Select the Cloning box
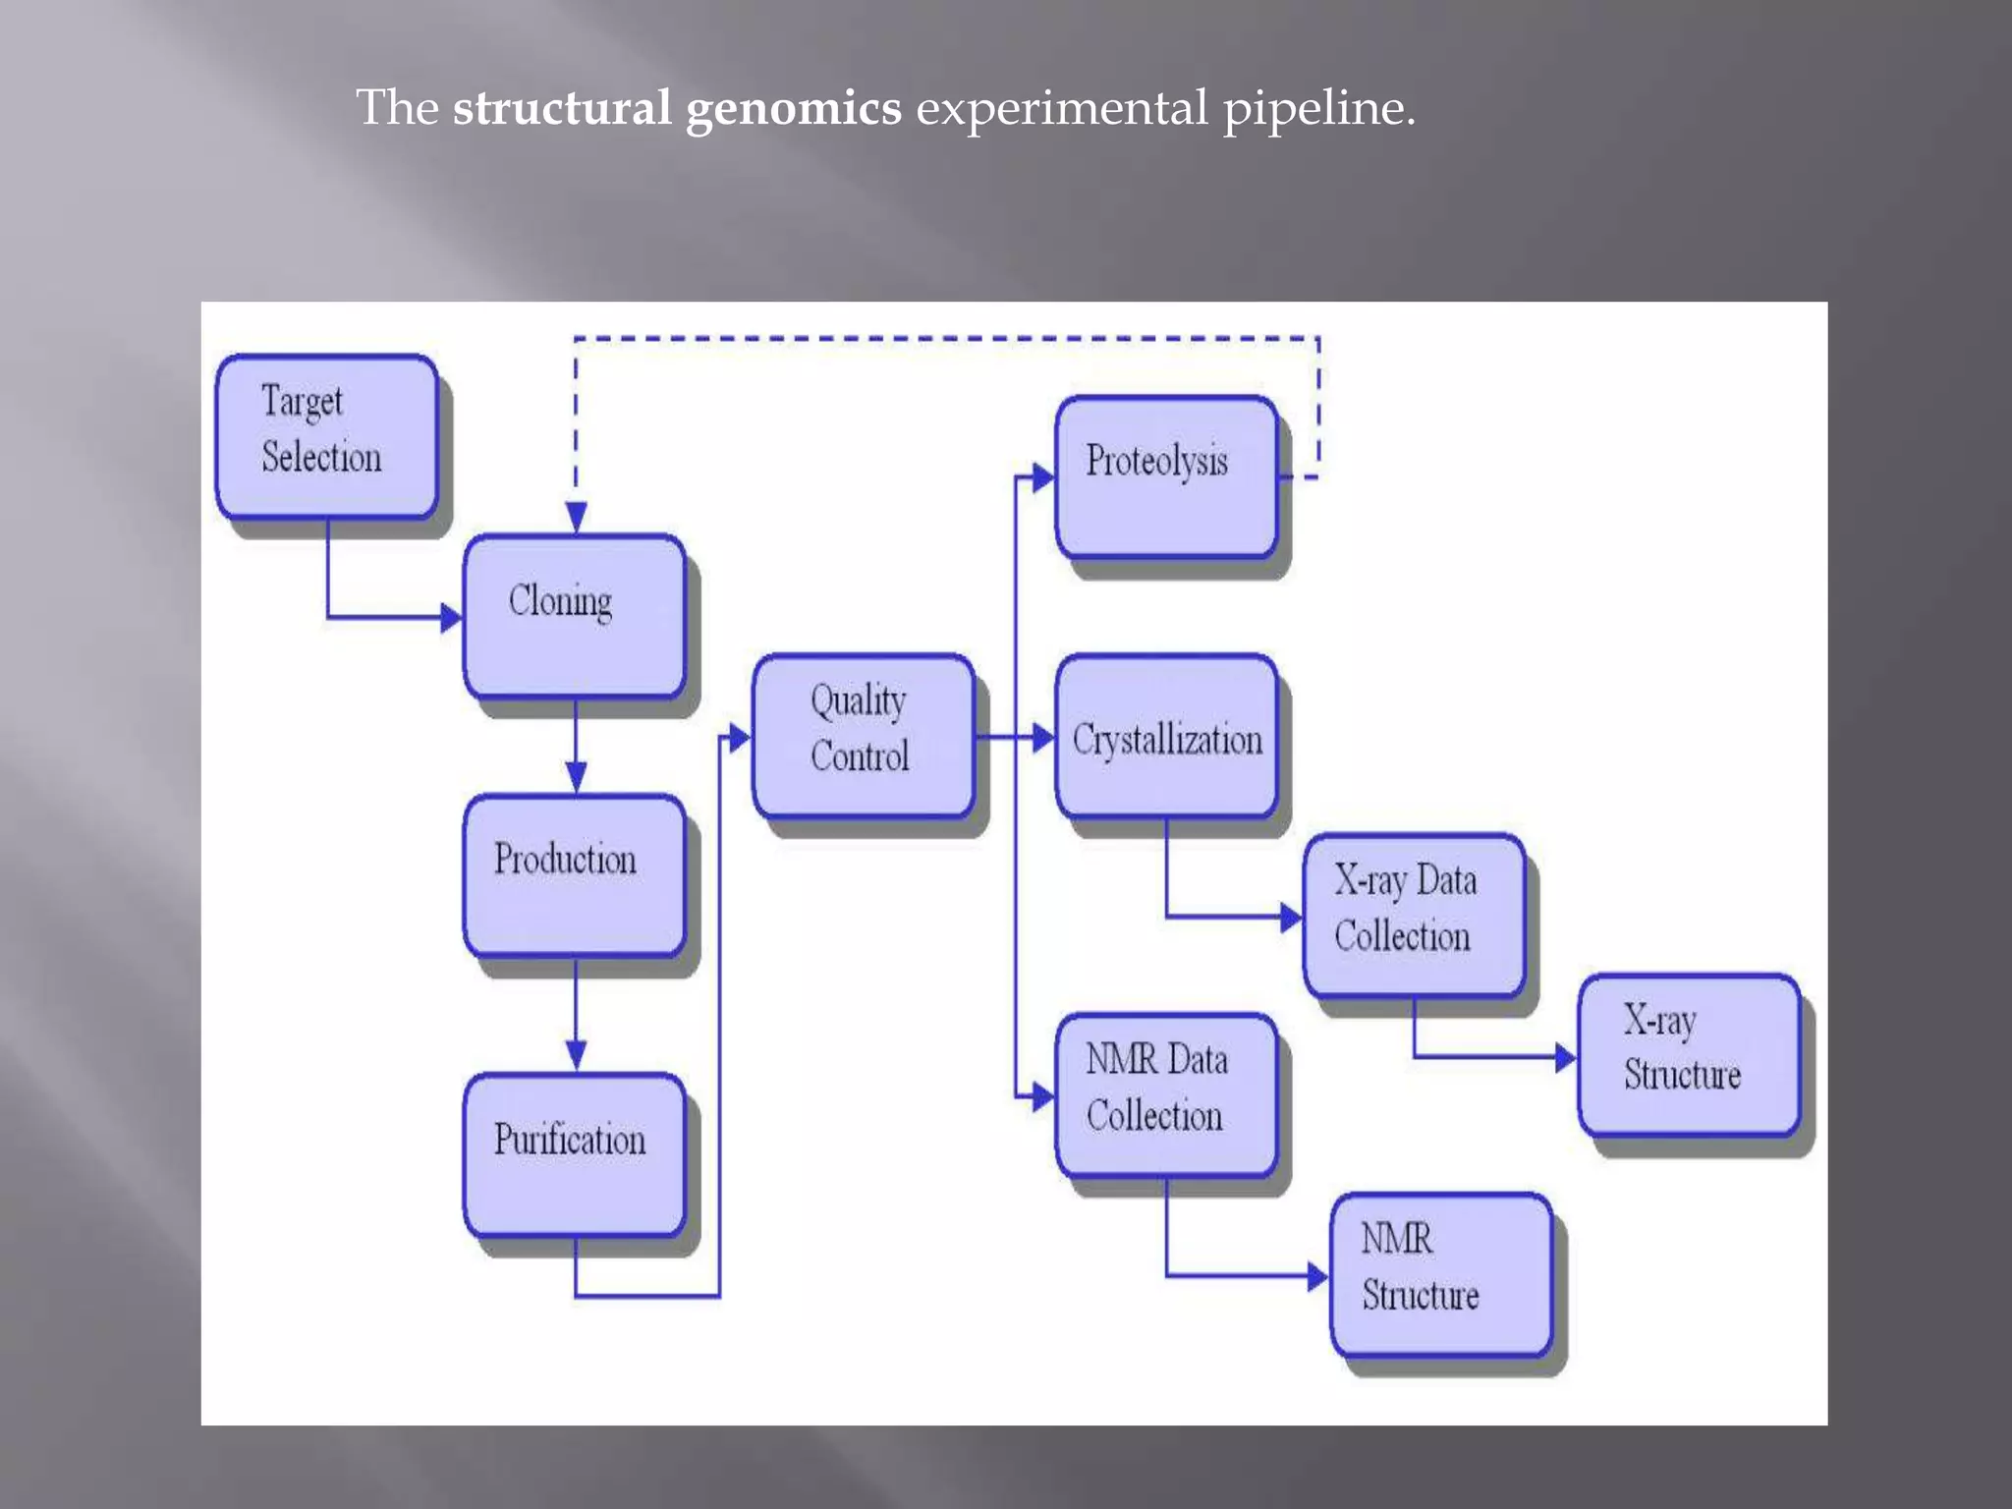(x=574, y=616)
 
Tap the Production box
(x=574, y=875)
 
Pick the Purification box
(x=574, y=1154)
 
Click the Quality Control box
(x=863, y=735)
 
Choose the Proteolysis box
(x=1166, y=476)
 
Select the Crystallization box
(x=1166, y=737)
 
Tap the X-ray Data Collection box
(x=1414, y=915)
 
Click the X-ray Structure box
(x=1689, y=1055)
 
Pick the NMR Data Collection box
(x=1166, y=1094)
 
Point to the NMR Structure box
(x=1441, y=1274)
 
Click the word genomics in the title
(x=793, y=108)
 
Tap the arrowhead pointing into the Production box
(x=577, y=776)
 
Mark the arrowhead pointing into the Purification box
(x=577, y=1055)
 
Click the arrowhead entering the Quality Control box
(x=739, y=738)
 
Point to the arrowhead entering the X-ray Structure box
(x=1565, y=1058)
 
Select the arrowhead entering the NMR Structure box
(x=1317, y=1277)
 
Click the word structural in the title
(x=561, y=108)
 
